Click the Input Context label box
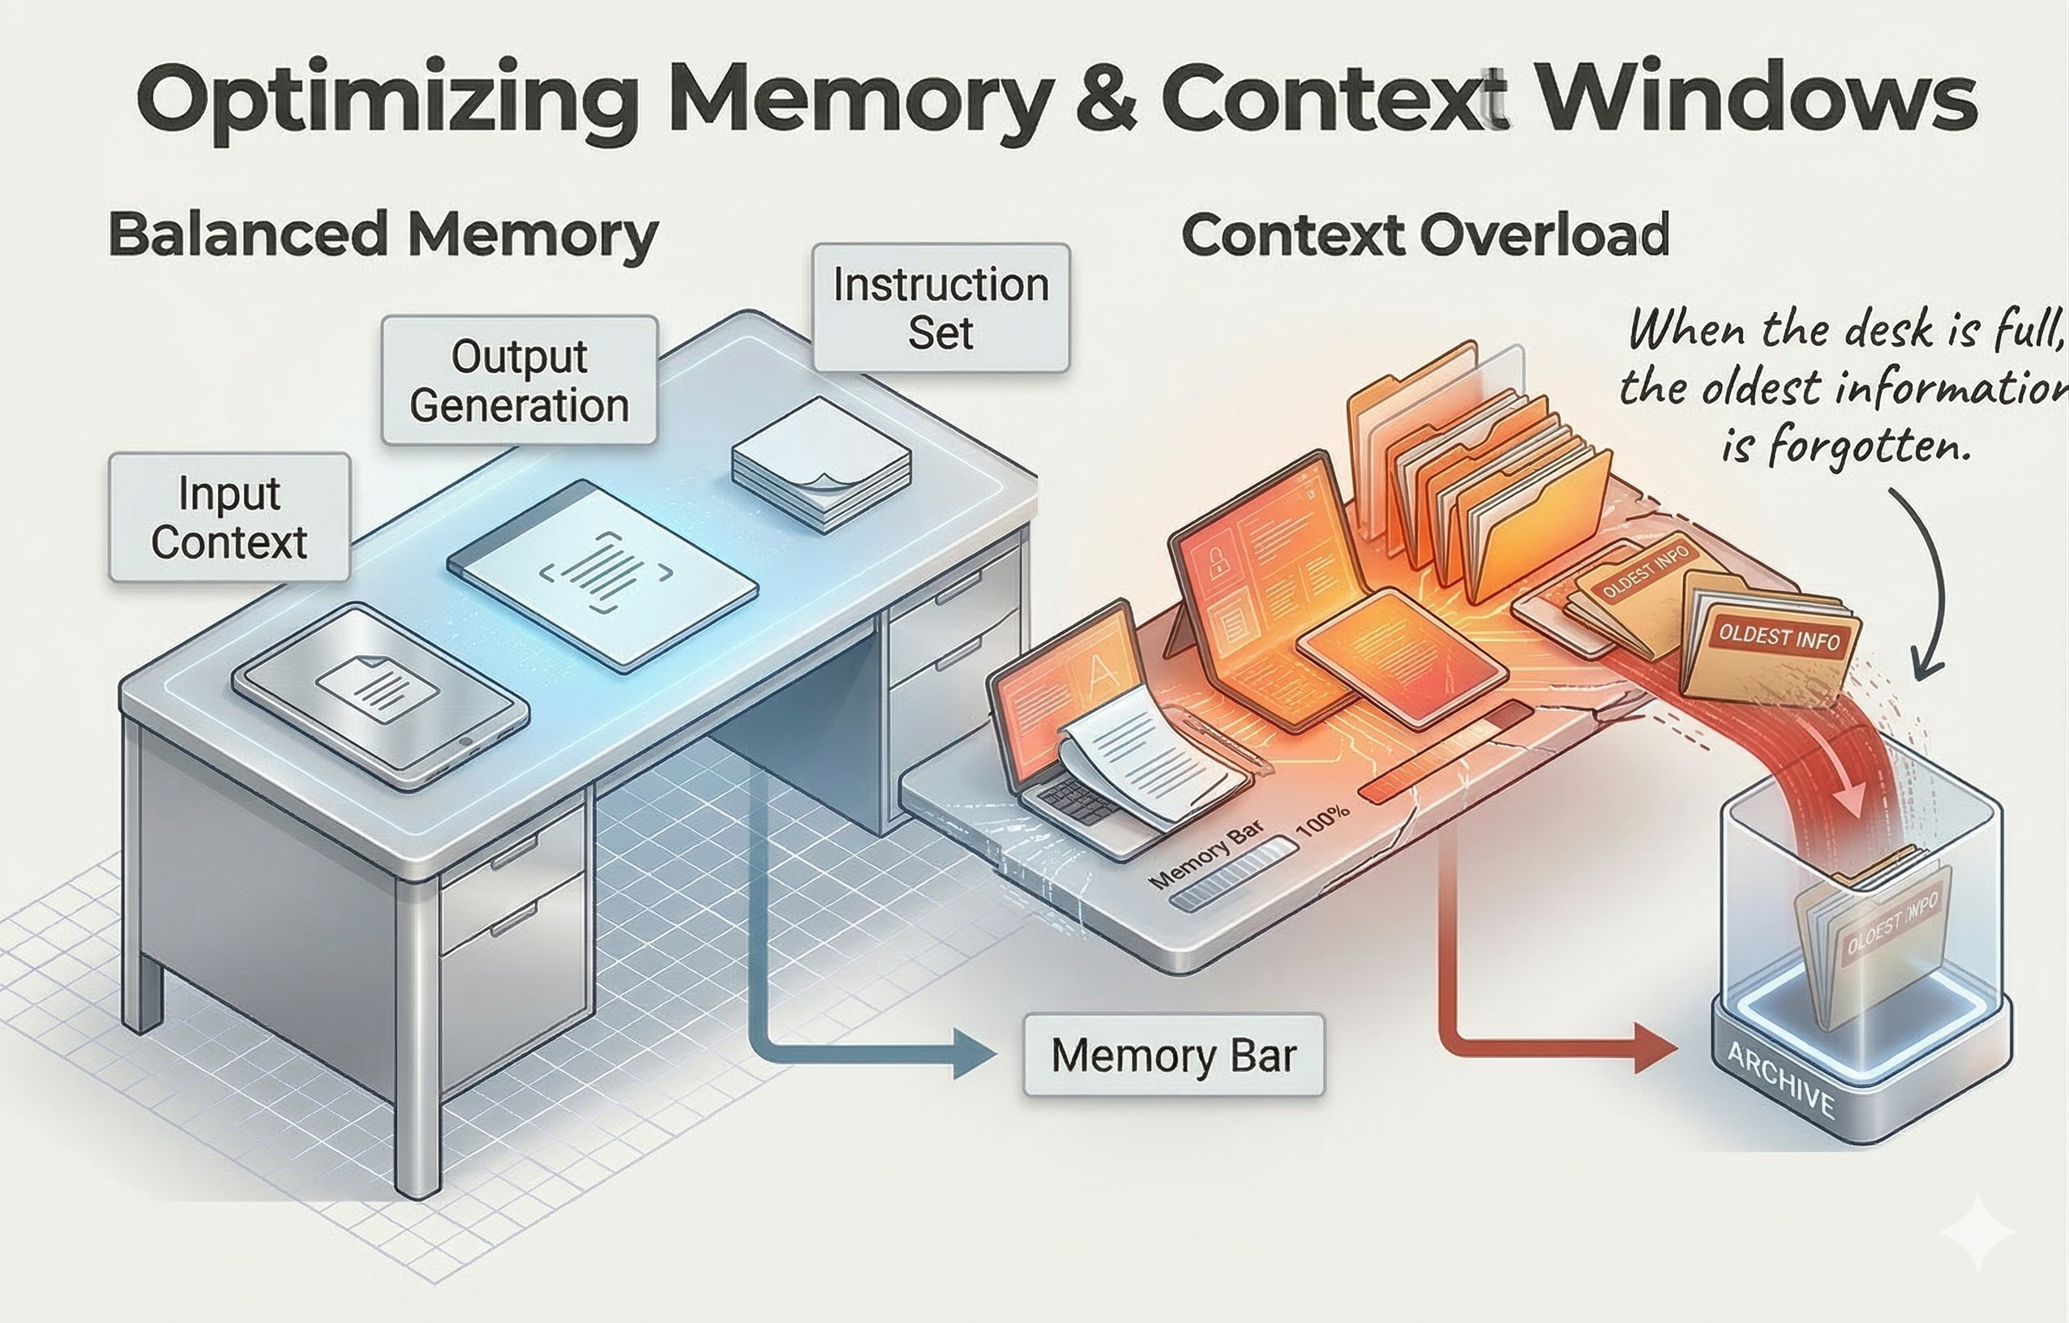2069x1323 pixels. [x=229, y=517]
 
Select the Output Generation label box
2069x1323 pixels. [x=519, y=379]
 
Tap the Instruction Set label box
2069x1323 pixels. [x=940, y=307]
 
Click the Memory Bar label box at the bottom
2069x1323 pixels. [x=1173, y=1055]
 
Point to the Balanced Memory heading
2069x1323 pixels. [x=383, y=233]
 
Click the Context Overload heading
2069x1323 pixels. [x=1424, y=233]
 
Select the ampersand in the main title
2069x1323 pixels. [x=1107, y=101]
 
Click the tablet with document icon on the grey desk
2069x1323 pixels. [x=379, y=694]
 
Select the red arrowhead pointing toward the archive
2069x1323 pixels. [x=1653, y=1048]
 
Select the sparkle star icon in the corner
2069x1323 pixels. [x=1977, y=1232]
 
